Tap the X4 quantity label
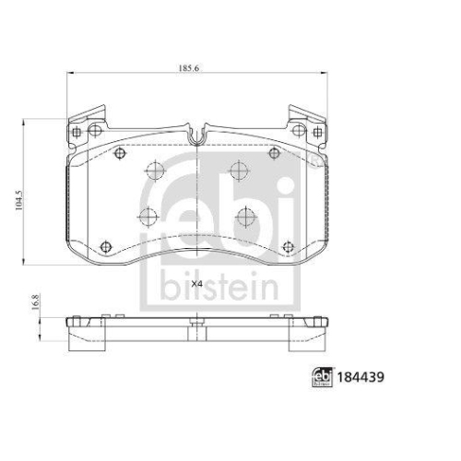[196, 283]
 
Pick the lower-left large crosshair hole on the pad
[146, 218]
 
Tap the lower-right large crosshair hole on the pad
[245, 217]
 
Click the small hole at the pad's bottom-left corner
[104, 246]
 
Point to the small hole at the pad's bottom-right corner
[288, 246]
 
